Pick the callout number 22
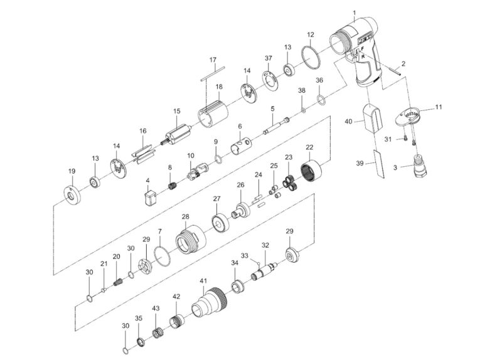coord(309,147)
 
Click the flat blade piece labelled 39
coord(378,162)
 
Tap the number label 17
coord(213,60)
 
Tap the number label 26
coord(240,185)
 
